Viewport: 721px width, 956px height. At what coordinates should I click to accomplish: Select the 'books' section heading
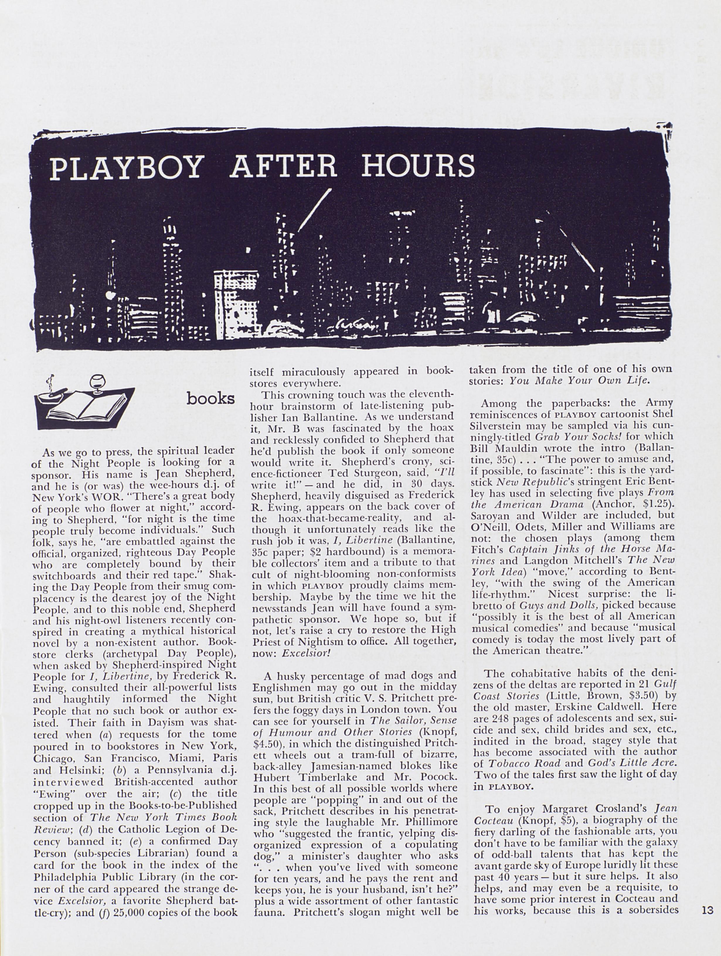[210, 398]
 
